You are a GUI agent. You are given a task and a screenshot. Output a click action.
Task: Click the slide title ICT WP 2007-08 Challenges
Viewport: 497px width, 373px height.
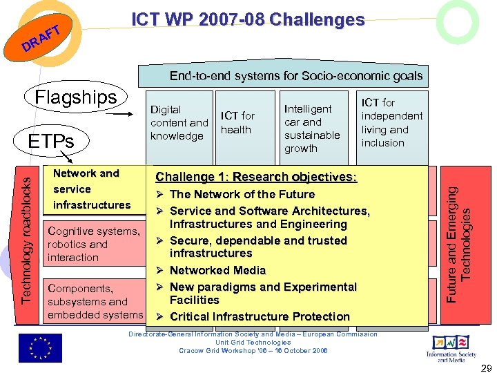248,20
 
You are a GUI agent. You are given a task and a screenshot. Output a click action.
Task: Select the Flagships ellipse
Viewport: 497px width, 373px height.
76,97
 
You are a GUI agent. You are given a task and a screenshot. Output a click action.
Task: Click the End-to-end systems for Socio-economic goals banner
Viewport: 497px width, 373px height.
296,76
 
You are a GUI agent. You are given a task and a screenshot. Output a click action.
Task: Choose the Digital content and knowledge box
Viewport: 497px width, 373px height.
179,123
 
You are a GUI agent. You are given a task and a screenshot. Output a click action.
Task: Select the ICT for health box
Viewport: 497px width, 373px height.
238,123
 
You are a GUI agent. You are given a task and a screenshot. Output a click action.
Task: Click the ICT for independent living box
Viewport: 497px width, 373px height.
392,123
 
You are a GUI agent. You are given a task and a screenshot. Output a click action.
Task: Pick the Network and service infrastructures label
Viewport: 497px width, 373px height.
92,189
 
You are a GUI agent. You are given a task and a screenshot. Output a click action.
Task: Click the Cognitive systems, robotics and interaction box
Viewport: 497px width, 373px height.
93,245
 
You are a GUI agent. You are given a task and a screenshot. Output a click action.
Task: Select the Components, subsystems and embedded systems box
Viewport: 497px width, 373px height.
93,301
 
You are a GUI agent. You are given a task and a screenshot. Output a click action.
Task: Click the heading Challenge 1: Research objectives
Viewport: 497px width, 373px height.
257,177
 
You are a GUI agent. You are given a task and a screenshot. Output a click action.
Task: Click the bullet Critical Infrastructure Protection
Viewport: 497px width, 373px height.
260,316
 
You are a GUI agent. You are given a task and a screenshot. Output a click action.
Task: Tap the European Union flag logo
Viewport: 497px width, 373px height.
40,347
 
